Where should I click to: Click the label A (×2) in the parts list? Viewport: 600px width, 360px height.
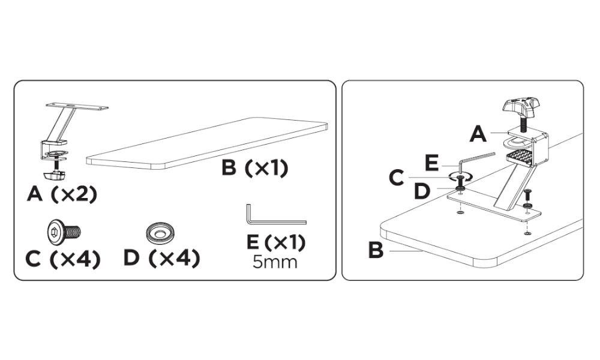point(62,195)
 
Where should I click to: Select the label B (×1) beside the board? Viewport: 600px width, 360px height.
point(255,168)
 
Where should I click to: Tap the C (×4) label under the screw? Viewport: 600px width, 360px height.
point(63,259)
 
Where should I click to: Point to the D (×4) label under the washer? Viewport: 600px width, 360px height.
point(161,259)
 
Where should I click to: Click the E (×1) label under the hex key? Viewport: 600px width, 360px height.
point(276,243)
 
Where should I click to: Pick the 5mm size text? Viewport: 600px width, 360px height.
point(275,262)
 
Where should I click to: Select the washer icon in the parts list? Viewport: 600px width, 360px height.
point(160,231)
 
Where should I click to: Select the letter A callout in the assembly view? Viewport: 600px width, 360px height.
point(478,134)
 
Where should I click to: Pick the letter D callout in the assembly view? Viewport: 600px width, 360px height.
point(423,192)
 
